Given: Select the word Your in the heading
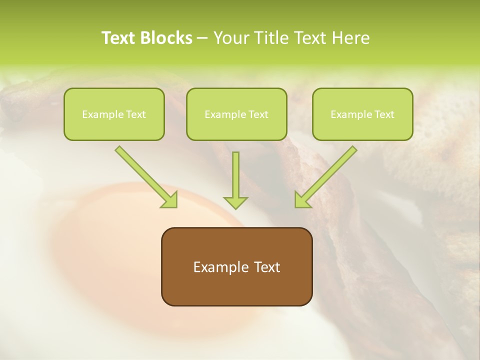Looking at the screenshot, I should (230, 38).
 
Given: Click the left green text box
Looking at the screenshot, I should (114, 114).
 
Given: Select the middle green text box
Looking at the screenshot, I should (236, 114).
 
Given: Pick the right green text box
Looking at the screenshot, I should (362, 114).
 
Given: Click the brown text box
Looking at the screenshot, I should (236, 266).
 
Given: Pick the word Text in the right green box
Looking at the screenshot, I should (384, 114).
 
